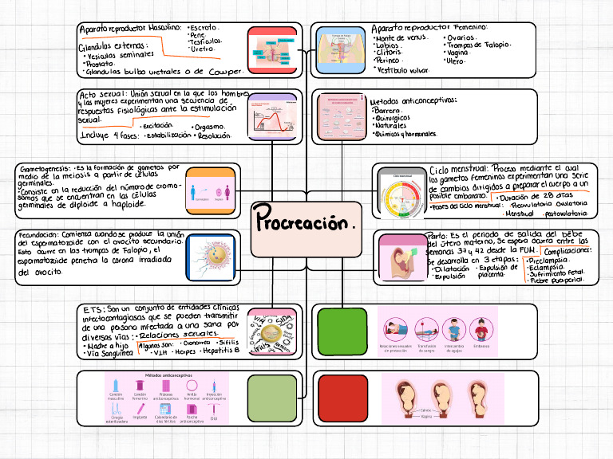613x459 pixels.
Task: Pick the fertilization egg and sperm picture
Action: pos(211,257)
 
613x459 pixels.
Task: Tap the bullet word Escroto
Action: pos(206,27)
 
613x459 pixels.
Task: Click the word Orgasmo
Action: pos(208,127)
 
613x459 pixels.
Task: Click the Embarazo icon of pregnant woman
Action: pos(481,330)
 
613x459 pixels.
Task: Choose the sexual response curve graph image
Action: pos(272,118)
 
